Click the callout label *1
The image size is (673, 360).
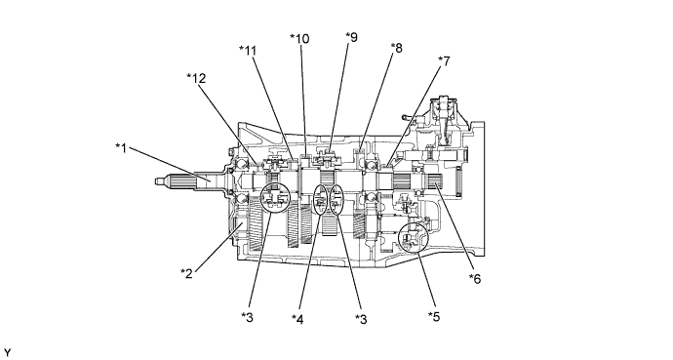tap(122, 148)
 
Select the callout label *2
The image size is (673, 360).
tap(186, 273)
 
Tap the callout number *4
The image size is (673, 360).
tap(297, 319)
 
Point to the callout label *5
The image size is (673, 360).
tap(434, 316)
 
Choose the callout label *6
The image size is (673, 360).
tap(475, 278)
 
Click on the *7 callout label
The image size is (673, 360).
tap(444, 61)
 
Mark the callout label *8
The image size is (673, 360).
tap(397, 48)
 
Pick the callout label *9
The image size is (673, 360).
tap(351, 37)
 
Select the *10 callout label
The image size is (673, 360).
tap(299, 39)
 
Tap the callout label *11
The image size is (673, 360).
tap(248, 51)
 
